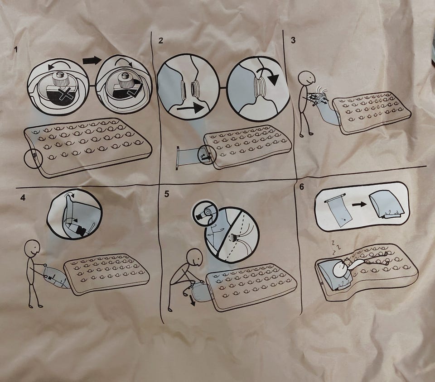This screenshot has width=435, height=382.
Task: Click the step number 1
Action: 16,50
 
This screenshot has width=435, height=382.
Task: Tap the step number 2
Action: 160,40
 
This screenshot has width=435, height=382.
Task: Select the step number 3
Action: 293,40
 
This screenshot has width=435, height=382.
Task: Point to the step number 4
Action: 23,197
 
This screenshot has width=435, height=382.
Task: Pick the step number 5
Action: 166,194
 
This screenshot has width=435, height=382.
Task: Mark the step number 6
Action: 302,187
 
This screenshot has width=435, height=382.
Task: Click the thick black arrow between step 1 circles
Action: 92,60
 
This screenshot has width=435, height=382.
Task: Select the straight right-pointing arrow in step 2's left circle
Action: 192,108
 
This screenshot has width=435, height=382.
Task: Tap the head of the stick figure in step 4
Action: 32,248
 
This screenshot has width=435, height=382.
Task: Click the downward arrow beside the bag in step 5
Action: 192,300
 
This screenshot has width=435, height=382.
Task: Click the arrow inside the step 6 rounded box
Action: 359,205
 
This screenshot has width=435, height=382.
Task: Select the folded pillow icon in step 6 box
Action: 385,204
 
